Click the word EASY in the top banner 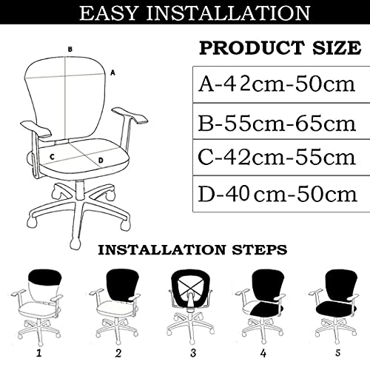[x=108, y=13]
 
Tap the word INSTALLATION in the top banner [x=228, y=13]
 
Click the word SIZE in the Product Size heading [x=337, y=48]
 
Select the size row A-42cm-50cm [x=277, y=84]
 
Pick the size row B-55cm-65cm [x=277, y=124]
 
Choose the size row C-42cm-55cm [x=277, y=157]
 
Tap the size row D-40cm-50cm [x=277, y=194]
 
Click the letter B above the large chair [x=70, y=50]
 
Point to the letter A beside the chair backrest [x=112, y=73]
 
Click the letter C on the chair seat [x=52, y=157]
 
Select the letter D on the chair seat [x=101, y=161]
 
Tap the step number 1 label [x=39, y=354]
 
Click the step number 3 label [x=193, y=353]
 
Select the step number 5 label [x=338, y=353]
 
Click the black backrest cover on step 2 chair [x=122, y=283]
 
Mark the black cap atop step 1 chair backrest [x=45, y=276]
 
